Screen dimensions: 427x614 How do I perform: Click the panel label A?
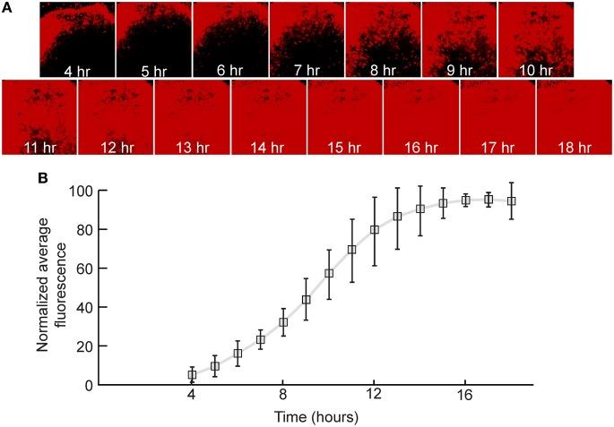point(9,10)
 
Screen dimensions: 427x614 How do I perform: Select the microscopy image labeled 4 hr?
point(77,39)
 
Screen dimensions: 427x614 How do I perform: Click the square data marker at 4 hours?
point(192,375)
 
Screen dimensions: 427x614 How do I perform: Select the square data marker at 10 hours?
point(329,273)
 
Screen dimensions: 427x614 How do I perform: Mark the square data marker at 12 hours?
point(375,230)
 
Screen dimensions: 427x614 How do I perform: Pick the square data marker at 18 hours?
point(512,201)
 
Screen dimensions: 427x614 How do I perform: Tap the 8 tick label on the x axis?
point(283,397)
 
